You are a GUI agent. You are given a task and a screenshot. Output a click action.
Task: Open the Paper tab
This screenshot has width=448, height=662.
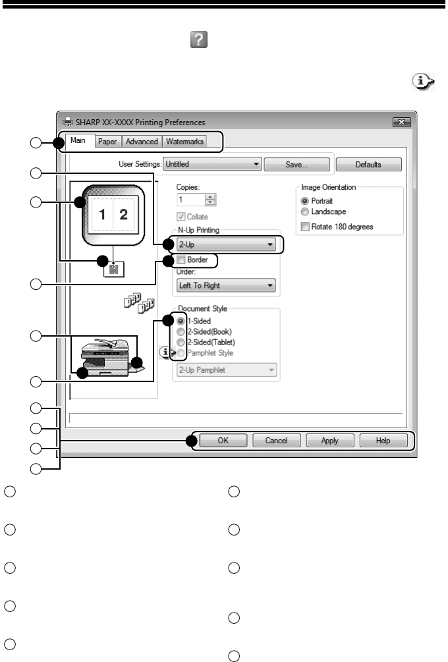pos(107,142)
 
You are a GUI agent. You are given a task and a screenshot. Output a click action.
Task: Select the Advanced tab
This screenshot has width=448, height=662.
pos(142,142)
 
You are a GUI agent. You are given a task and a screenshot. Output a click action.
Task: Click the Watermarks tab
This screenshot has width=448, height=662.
pos(184,142)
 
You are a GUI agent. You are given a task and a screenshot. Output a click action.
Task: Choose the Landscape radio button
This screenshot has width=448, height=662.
pos(305,212)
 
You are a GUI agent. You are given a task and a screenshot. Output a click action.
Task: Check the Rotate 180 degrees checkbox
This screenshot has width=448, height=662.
pos(305,227)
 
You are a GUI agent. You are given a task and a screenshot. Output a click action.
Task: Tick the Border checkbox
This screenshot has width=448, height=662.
pos(182,261)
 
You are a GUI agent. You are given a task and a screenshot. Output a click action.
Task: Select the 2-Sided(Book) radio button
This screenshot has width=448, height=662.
pos(181,331)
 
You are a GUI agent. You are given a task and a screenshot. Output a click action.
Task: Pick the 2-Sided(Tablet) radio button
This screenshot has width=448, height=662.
pos(181,341)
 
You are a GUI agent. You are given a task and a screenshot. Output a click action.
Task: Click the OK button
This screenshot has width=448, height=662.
pos(224,441)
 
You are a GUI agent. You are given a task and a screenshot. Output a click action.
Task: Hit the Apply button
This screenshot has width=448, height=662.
pos(329,441)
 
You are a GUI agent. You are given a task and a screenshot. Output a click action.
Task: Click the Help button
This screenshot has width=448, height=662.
pos(383,441)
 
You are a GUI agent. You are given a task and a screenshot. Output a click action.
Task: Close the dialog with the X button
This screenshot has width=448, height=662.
pos(401,122)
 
